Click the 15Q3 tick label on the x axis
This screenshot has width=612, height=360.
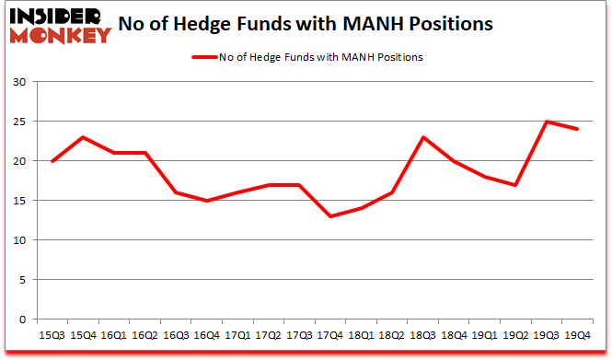click(52, 335)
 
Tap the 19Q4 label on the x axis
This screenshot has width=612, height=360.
click(577, 335)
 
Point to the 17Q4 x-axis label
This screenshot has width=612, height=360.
click(330, 335)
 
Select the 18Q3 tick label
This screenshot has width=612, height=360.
click(422, 335)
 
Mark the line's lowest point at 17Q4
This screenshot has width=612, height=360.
click(330, 216)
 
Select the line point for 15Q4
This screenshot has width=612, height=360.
click(84, 137)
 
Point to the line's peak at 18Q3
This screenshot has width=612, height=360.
click(423, 137)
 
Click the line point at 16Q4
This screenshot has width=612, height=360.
click(207, 201)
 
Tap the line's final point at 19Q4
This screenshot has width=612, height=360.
click(577, 129)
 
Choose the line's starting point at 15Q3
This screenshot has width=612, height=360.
click(52, 161)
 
